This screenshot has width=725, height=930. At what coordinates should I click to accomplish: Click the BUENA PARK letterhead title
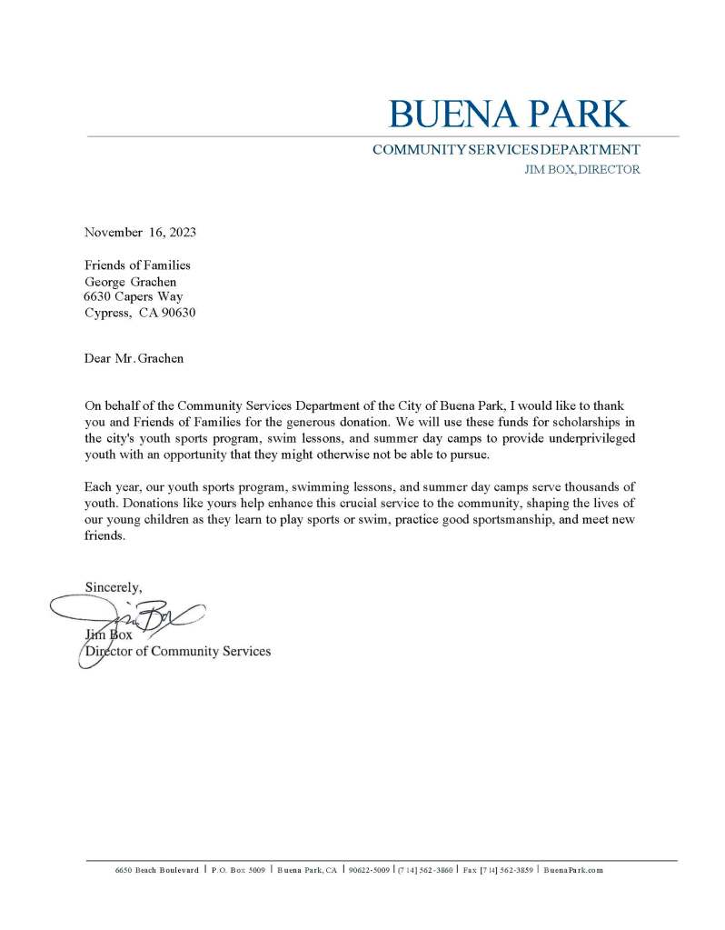(508, 115)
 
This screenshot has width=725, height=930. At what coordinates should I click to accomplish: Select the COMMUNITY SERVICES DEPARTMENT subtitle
(505, 150)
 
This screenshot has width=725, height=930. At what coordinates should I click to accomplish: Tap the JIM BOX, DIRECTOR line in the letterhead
(581, 170)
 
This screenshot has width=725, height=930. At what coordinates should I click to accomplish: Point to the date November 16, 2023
(140, 232)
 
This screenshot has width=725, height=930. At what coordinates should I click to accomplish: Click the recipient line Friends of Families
(137, 265)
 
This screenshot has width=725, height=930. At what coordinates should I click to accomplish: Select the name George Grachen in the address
(130, 281)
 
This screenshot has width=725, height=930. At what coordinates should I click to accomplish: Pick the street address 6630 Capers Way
(134, 296)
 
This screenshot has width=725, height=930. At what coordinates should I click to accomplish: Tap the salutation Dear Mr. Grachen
(134, 358)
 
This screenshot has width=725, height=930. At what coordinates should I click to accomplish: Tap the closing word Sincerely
(113, 587)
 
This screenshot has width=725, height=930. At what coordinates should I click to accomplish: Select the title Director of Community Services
(178, 651)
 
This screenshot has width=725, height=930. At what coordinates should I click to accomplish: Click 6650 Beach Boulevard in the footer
(156, 870)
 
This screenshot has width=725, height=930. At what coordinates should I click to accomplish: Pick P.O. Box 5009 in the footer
(238, 870)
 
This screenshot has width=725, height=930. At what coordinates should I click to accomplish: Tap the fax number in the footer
(498, 870)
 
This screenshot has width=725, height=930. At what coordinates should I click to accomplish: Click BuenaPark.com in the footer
(573, 870)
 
